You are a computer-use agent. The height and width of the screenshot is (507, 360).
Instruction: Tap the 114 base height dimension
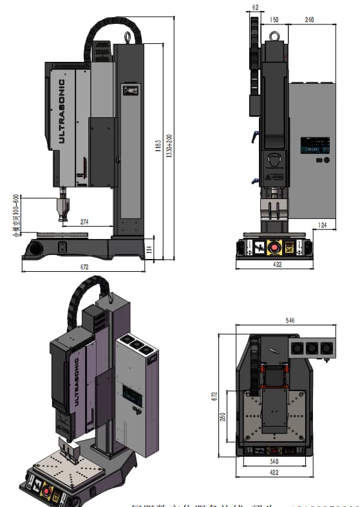pos(149,248)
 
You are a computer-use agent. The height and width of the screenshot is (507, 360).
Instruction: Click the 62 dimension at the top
pos(255,8)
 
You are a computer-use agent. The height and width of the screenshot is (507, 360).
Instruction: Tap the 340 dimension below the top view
pos(275,461)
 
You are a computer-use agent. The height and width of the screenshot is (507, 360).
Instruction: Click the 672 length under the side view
pos(84,266)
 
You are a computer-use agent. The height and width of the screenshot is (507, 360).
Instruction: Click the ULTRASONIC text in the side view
pos(62,111)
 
